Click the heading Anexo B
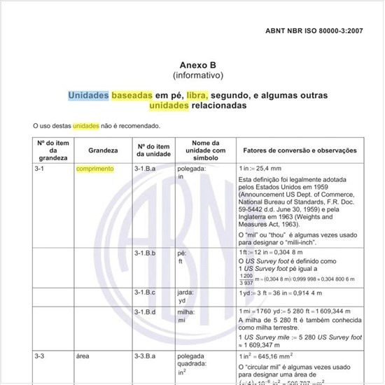[198, 63]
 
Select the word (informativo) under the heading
[198, 74]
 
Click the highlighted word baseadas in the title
[132, 94]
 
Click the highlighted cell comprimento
[95, 169]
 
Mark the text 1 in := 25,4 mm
[259, 169]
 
